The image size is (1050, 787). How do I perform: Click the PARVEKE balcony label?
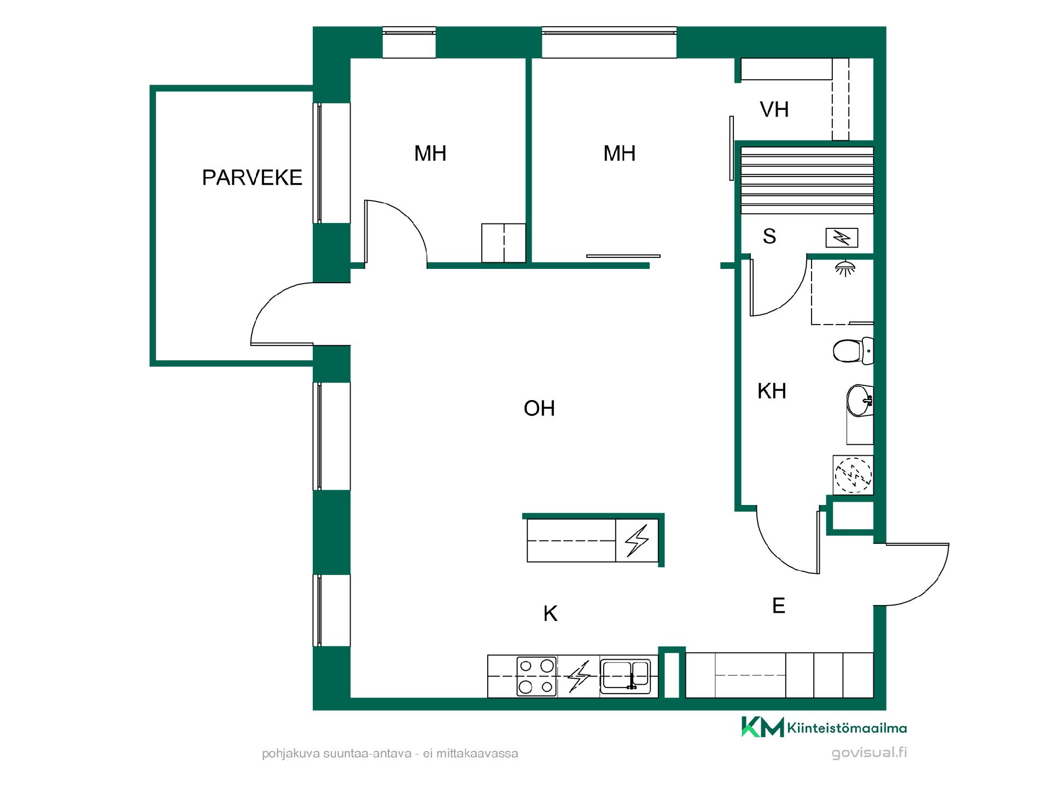pos(252,178)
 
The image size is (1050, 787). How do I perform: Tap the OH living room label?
pos(539,408)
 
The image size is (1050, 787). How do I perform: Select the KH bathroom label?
pos(772,391)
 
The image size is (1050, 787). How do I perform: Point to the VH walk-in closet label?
pos(774,110)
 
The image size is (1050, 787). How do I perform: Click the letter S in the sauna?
pos(769,236)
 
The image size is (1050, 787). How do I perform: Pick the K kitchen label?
pos(550,614)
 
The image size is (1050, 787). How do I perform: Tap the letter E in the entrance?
pos(779,606)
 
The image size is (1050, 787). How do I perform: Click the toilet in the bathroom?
pos(853,351)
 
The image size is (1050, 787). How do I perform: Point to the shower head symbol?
pos(845,268)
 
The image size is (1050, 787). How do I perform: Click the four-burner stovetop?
pos(536,676)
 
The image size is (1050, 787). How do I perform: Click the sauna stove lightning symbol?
pos(842,238)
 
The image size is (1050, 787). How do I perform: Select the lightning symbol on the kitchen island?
pos(637,541)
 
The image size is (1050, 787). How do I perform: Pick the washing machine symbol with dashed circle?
pos(853,474)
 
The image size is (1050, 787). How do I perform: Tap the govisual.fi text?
pos(869,753)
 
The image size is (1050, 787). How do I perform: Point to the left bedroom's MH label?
pos(430,154)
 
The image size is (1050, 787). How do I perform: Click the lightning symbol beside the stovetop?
pos(579,677)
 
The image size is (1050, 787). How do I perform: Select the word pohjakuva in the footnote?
pos(290,754)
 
